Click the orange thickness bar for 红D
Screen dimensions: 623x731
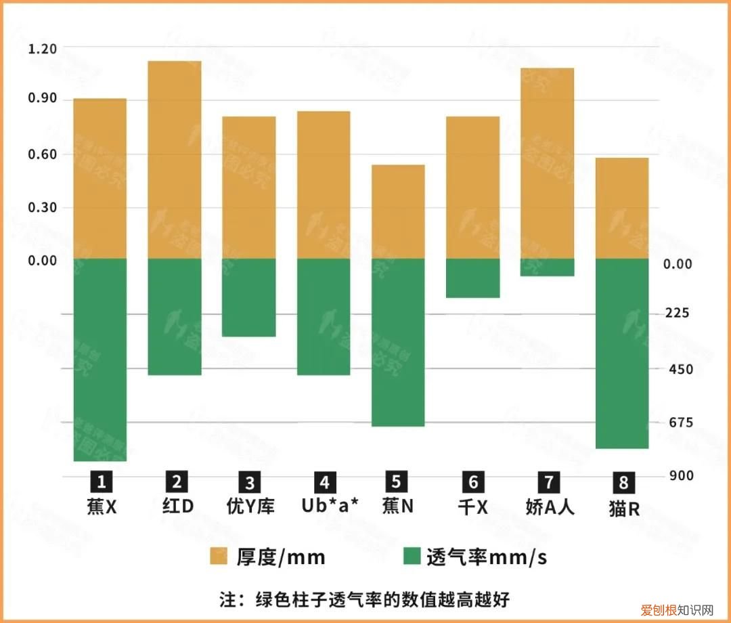tap(175, 160)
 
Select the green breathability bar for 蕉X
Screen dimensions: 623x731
tap(99, 360)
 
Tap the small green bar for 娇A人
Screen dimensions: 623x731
tap(547, 267)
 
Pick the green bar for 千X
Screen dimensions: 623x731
tap(472, 278)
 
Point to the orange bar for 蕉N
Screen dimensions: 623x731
tap(398, 212)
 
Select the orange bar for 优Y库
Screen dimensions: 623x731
tap(249, 188)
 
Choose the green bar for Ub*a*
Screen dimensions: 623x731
tap(324, 317)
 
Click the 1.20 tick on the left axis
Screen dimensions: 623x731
tap(42, 49)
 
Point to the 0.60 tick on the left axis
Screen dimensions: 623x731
tap(42, 154)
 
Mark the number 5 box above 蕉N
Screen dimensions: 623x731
tap(397, 481)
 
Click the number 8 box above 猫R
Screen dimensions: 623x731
tap(623, 483)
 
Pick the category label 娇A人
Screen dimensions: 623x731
tap(550, 507)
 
